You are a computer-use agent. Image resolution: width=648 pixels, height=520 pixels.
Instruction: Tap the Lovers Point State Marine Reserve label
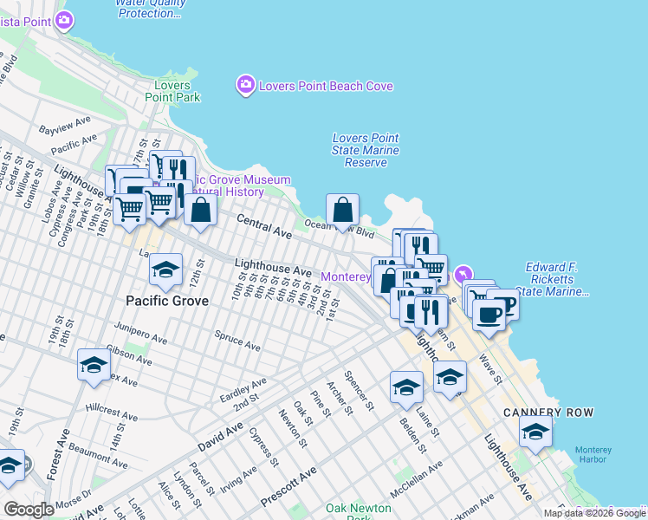(366, 150)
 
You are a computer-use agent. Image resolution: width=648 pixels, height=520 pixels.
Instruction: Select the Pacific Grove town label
(167, 301)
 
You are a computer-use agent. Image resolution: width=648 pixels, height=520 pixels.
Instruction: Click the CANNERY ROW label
(537, 413)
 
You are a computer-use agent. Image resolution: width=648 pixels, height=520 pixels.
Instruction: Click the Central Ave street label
(264, 226)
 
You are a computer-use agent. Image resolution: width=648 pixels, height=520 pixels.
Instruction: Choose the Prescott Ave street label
(289, 490)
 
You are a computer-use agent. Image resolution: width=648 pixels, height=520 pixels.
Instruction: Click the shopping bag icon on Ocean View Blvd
(342, 210)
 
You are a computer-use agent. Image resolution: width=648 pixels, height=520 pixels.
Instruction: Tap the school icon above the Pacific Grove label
(165, 270)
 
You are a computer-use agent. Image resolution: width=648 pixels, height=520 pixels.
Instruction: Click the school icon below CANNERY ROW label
(536, 432)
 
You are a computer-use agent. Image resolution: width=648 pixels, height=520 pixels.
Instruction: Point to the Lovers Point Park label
(177, 91)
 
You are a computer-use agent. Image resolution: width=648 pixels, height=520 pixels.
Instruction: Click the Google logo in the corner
(29, 510)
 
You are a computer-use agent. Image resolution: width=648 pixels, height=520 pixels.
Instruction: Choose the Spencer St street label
(359, 391)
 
